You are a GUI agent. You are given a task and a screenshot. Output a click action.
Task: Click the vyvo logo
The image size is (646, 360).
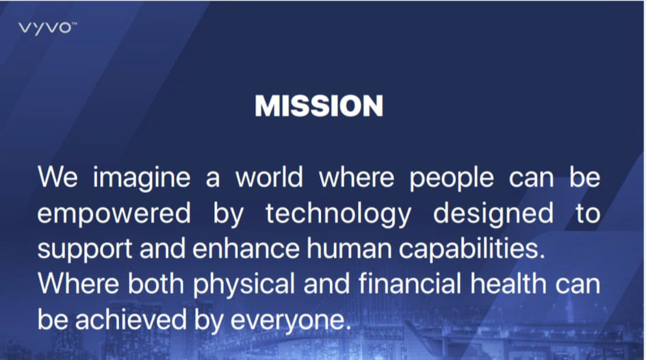coord(47,29)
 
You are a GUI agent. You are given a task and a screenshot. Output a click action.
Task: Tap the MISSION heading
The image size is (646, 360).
coord(319,106)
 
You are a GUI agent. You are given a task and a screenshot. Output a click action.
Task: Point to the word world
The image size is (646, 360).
coord(269,177)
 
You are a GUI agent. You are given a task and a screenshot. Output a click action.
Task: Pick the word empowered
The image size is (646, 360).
coord(114,214)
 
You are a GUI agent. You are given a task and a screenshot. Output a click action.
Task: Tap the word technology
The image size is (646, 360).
coord(338,214)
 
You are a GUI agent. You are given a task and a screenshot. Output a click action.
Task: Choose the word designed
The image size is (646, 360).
coord(493,214)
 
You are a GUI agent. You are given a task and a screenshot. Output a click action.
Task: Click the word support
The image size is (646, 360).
coord(85,250)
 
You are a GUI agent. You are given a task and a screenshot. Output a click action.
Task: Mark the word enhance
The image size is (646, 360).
coord(246,248)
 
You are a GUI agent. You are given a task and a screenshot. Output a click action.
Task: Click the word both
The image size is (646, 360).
coord(156,284)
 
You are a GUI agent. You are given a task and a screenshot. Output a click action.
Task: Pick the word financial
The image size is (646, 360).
coord(410,284)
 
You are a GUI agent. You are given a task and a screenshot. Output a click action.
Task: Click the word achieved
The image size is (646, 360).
coord(131,320)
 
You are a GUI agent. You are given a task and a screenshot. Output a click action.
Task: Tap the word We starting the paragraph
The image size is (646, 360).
coord(57,177)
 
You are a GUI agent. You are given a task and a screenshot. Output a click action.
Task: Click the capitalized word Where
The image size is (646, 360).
coord(79,284)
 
